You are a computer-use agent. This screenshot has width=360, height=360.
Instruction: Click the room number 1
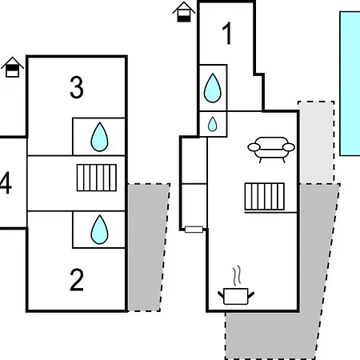click(x=227, y=34)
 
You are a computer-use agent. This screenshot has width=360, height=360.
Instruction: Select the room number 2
click(x=77, y=279)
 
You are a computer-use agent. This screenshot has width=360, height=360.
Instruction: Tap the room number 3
click(x=77, y=87)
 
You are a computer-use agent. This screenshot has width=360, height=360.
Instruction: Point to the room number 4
click(x=6, y=182)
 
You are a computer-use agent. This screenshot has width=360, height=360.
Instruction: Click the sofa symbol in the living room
click(x=271, y=150)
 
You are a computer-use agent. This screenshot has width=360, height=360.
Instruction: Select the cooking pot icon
click(x=236, y=296)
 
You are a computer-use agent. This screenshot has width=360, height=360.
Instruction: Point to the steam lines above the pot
click(x=237, y=275)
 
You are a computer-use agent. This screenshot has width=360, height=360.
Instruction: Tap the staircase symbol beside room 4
click(x=97, y=178)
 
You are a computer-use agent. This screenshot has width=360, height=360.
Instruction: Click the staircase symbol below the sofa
click(x=265, y=197)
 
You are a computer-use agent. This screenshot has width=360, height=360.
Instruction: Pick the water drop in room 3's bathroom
click(x=99, y=137)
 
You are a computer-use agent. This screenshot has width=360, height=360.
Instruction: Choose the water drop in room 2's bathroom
click(x=99, y=230)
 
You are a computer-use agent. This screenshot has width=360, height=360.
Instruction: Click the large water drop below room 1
click(x=213, y=88)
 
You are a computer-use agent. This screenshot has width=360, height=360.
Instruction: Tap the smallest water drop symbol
click(x=212, y=124)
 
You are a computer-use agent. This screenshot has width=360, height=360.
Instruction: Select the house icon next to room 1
click(x=184, y=12)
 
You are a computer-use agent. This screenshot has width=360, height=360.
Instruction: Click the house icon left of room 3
click(x=12, y=67)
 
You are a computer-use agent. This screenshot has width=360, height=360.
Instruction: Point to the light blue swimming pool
click(x=350, y=83)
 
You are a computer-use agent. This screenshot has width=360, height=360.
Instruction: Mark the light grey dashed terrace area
click(x=317, y=142)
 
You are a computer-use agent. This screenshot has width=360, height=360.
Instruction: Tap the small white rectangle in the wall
click(x=194, y=230)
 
